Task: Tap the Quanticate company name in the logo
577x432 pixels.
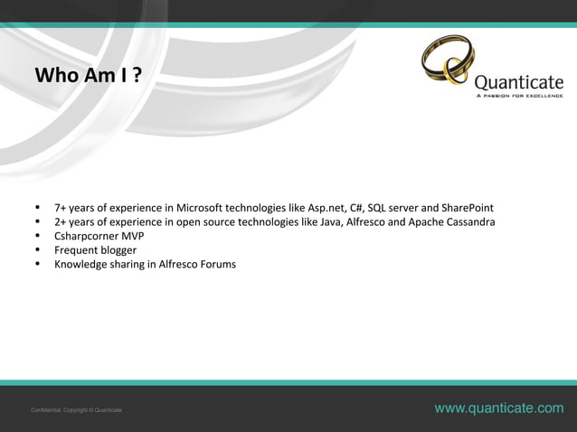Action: (518, 80)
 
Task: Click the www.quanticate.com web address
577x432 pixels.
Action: (498, 409)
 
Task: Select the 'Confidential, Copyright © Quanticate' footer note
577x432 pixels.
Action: (77, 410)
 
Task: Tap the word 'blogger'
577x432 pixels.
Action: (118, 250)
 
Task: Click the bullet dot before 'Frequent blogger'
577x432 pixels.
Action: (37, 250)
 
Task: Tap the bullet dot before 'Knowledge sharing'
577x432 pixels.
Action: (37, 265)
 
